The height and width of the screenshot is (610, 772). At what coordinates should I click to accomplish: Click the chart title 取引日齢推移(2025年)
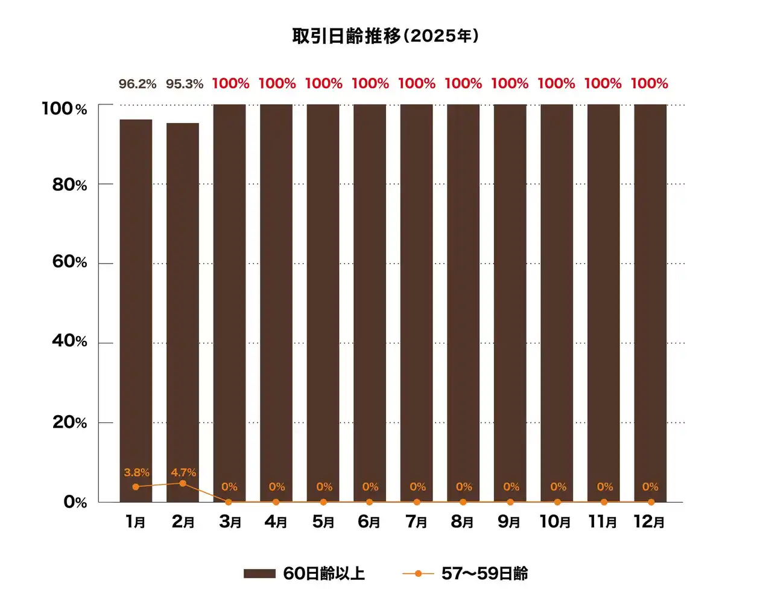click(385, 36)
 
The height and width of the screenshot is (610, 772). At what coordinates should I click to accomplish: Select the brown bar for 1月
click(136, 302)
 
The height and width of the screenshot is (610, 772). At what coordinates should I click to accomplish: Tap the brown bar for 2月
click(183, 302)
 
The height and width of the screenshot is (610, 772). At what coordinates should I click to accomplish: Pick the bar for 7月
click(416, 302)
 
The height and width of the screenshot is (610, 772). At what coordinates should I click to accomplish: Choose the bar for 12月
click(650, 302)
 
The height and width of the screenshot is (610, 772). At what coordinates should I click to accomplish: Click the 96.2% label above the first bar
click(137, 84)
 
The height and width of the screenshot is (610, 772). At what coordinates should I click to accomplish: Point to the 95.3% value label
click(185, 84)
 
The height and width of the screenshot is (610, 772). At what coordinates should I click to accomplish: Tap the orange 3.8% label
click(136, 472)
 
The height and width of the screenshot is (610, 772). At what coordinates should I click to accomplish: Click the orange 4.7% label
click(183, 472)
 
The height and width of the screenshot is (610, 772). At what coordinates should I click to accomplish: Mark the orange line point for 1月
click(136, 487)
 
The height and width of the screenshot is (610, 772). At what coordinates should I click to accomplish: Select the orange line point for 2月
click(183, 483)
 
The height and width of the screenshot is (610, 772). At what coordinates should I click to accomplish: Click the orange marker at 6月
click(370, 502)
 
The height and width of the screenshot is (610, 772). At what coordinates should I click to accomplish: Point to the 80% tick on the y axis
click(69, 185)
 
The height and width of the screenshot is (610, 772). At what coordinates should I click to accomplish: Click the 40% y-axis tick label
click(69, 342)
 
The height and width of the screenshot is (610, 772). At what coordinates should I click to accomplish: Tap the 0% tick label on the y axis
click(75, 502)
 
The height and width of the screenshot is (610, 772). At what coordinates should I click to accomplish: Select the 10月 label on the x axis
click(555, 522)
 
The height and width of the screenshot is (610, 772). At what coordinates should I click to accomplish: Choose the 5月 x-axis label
click(323, 522)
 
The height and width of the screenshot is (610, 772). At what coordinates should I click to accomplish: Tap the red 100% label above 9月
click(510, 84)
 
